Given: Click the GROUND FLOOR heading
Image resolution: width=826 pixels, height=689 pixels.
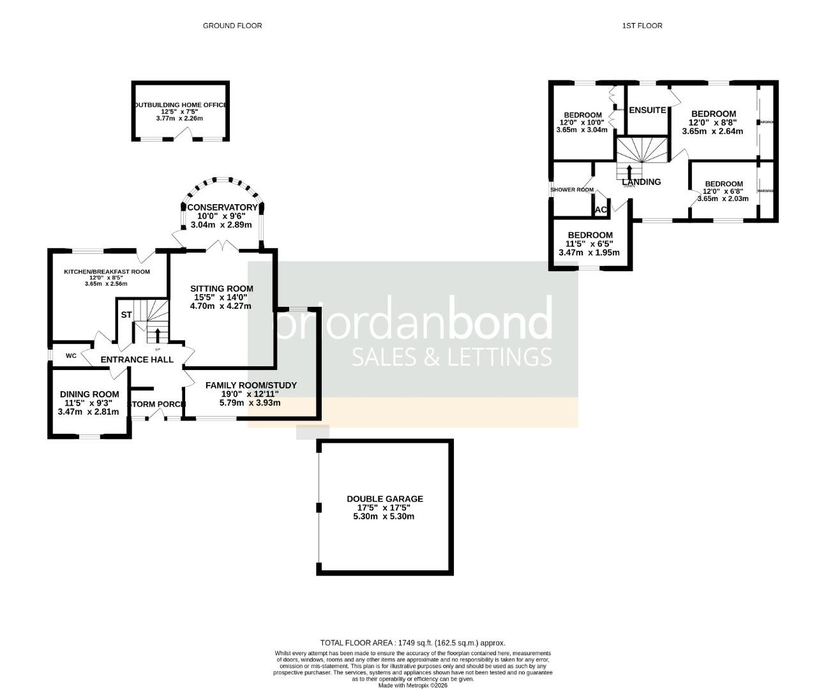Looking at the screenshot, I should (x=232, y=26).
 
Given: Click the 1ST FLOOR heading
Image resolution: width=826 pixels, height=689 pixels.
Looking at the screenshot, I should (x=642, y=26).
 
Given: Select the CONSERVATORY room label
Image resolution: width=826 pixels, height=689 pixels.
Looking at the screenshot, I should (x=222, y=207).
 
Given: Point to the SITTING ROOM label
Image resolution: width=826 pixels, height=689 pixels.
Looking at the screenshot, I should (x=222, y=288).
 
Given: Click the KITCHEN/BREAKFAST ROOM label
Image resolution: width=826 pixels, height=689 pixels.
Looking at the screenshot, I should (x=107, y=272).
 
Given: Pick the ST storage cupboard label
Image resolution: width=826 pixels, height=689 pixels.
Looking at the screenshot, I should (x=126, y=315).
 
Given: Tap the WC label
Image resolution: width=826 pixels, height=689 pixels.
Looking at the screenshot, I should (x=71, y=355).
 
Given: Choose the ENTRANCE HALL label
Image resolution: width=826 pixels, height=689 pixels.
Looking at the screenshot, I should (x=137, y=359).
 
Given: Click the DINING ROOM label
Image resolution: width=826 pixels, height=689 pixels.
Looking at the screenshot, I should (x=89, y=394).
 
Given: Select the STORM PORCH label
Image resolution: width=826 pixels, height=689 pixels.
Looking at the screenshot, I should (x=157, y=404).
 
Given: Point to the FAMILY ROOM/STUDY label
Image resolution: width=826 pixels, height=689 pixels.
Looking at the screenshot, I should (x=251, y=385).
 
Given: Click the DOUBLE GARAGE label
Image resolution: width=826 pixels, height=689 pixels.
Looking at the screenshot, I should (x=385, y=499).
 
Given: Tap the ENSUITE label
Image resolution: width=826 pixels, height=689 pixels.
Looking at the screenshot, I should (x=648, y=110).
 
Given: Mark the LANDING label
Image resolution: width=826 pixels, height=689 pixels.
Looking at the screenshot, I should (x=642, y=182).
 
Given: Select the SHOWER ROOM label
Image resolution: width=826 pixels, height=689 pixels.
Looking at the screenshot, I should (x=572, y=189).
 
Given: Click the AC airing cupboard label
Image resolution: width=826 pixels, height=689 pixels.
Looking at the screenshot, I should (x=600, y=209).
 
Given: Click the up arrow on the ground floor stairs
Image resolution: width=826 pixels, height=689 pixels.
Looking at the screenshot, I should (x=157, y=334).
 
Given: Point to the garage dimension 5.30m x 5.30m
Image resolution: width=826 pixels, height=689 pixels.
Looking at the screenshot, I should (x=384, y=516).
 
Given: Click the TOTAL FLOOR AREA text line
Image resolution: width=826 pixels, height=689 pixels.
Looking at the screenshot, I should (x=412, y=643).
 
